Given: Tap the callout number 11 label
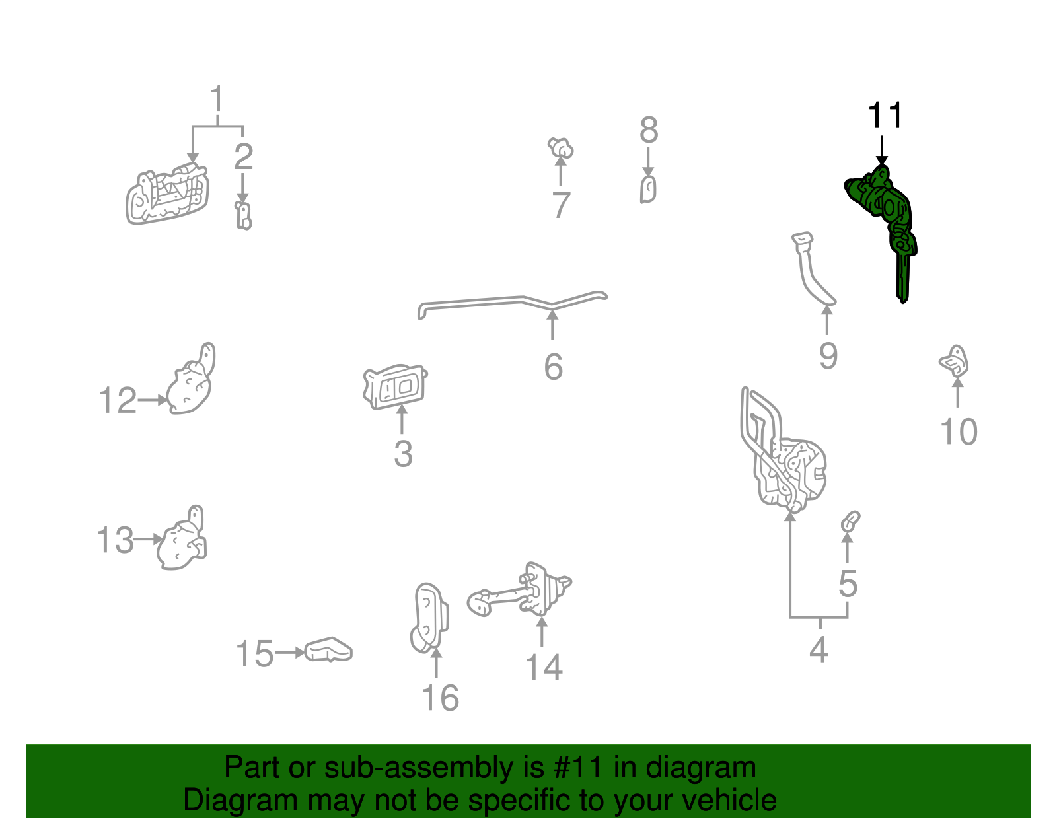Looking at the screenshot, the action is click(885, 115).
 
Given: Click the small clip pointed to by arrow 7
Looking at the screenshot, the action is click(560, 147).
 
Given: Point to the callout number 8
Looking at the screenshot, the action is click(649, 130).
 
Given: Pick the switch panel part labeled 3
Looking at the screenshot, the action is click(395, 386).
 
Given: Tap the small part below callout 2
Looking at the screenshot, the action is click(243, 215).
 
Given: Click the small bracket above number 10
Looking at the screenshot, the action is click(954, 361).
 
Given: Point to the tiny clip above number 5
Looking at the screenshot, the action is click(850, 522).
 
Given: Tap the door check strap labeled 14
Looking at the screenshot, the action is click(519, 590).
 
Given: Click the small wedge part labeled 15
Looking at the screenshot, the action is click(328, 650).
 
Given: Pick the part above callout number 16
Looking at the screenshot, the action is click(429, 618).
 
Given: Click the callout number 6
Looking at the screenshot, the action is click(554, 367).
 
